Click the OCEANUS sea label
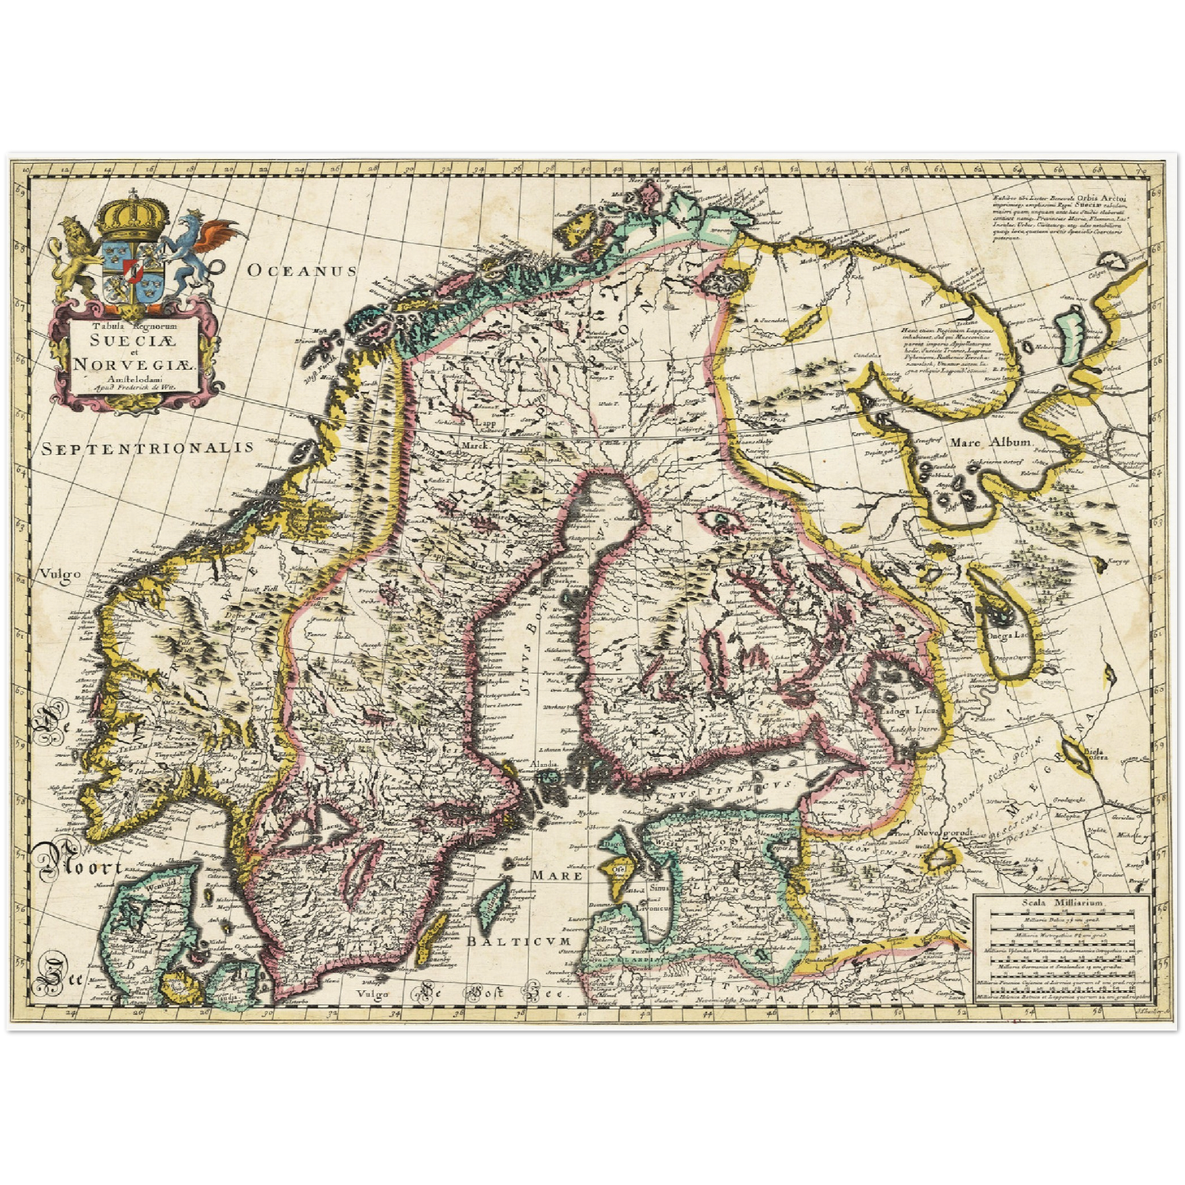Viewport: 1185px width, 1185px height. (303, 271)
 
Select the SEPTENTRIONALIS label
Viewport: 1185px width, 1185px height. (148, 448)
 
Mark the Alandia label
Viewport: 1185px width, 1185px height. (545, 763)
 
